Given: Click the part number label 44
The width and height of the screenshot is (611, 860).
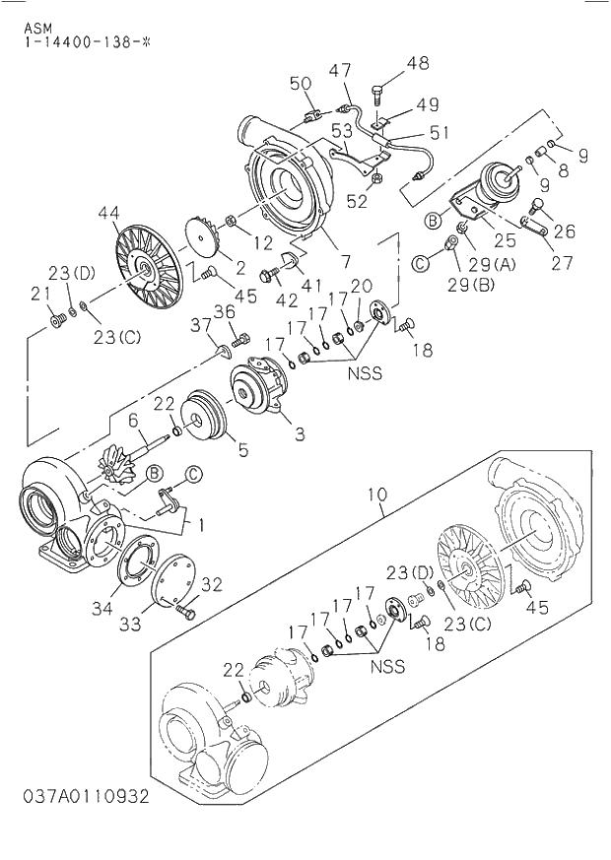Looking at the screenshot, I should coord(108,212).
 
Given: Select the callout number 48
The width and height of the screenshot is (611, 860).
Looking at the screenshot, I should coord(418,63).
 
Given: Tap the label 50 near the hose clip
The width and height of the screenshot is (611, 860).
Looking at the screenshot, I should coord(301,83).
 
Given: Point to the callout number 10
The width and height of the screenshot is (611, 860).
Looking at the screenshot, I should coord(378,493).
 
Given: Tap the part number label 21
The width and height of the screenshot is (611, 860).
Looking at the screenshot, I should coord(39,293).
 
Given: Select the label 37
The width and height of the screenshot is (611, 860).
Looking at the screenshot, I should coord(200,325).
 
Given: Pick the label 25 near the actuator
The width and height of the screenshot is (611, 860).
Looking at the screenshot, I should coord(506,239).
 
